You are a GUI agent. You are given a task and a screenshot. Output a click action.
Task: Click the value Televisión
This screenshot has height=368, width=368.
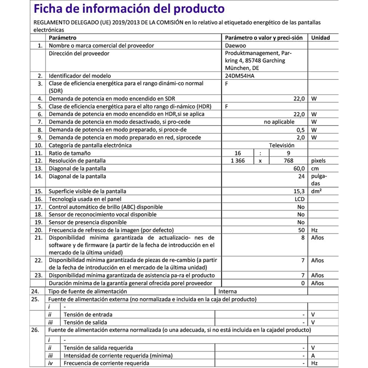(282, 145)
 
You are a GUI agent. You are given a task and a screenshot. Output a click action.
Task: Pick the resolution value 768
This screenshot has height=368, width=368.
(288, 161)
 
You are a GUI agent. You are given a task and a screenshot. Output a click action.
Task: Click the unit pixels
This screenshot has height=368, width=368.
(318, 161)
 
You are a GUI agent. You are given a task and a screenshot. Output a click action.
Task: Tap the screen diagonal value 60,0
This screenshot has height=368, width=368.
(298, 169)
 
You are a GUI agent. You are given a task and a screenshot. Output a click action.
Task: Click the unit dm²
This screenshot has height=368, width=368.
(316, 191)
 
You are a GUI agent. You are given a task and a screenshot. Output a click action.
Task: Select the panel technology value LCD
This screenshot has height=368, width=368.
(299, 199)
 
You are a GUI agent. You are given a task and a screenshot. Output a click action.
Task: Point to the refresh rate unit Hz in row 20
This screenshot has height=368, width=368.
(315, 230)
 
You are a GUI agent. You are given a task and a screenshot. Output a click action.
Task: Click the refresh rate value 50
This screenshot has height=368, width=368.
(301, 230)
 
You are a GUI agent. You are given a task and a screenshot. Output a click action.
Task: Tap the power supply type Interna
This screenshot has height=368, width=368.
(228, 292)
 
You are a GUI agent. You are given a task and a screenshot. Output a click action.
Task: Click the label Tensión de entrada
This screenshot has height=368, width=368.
(88, 315)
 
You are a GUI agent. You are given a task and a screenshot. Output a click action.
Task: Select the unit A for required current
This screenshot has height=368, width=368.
(313, 356)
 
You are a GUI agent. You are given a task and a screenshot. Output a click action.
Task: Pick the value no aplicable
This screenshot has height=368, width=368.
(279, 122)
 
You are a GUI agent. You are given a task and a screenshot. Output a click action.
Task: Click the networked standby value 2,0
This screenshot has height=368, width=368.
(300, 138)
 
